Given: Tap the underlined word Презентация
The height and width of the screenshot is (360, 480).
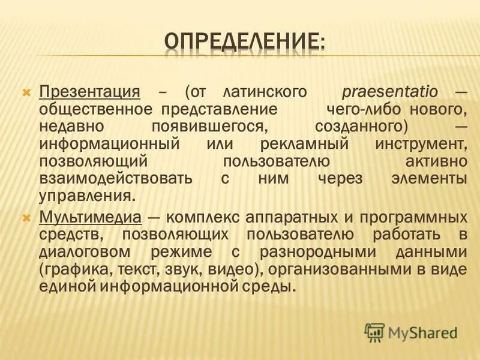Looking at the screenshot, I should [x=90, y=93].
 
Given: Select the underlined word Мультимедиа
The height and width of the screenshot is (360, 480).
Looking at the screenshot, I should [x=90, y=216].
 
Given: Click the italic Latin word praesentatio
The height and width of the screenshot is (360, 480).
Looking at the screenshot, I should [x=389, y=93].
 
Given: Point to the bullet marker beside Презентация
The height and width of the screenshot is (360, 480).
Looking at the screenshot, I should [x=26, y=94].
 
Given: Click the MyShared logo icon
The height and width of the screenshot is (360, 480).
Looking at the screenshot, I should [x=374, y=332].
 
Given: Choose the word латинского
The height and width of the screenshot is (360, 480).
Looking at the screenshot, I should [x=265, y=93].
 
